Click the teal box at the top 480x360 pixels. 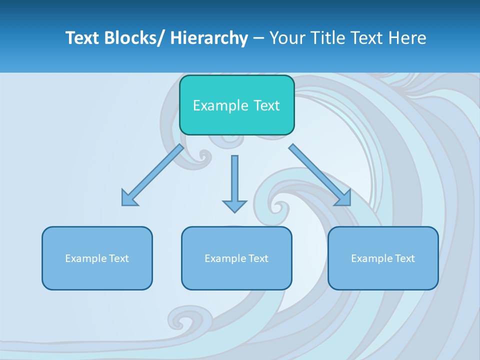pyautogui.click(x=236, y=105)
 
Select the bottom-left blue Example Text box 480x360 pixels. pyautogui.click(x=97, y=258)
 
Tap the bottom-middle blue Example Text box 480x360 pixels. pyautogui.click(x=236, y=258)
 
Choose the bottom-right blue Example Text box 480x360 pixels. pyautogui.click(x=383, y=258)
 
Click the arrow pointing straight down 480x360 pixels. pyautogui.click(x=234, y=182)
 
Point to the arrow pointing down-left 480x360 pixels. pyautogui.click(x=153, y=175)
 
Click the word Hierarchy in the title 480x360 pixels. pyautogui.click(x=209, y=38)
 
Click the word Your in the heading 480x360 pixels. pyautogui.click(x=287, y=38)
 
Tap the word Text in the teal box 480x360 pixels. pyautogui.click(x=266, y=105)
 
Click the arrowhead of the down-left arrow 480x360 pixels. pyautogui.click(x=128, y=199)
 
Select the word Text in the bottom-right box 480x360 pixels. pyautogui.click(x=405, y=258)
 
